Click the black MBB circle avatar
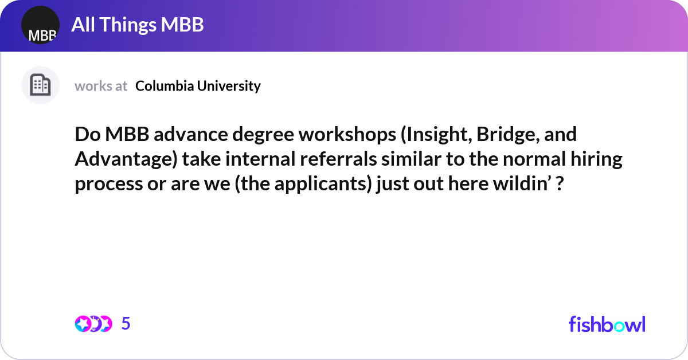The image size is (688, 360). point(40,25)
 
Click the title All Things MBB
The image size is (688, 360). point(138,25)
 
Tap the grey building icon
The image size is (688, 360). point(40,85)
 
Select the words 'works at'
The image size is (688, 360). point(101,86)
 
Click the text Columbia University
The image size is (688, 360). point(198,86)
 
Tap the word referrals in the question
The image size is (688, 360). point(329,159)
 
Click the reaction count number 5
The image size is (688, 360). point(126,324)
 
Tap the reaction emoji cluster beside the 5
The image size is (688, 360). point(93,324)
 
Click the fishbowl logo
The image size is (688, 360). point(607,324)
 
